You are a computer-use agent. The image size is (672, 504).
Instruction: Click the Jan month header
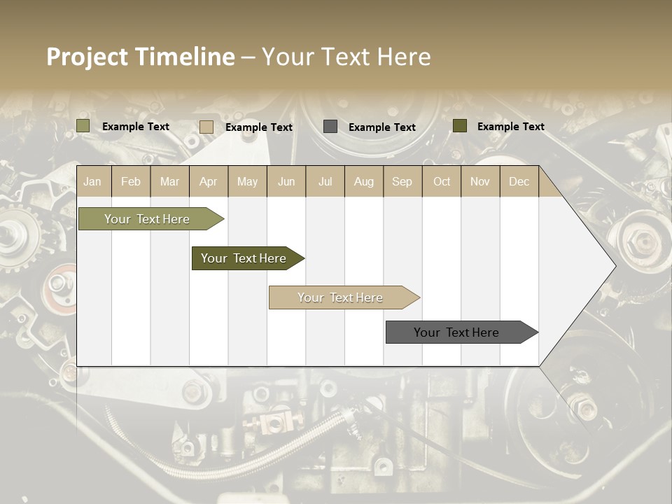point(92,181)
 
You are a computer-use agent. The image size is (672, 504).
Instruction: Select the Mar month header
point(169,181)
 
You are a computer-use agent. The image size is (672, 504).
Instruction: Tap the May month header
point(247,181)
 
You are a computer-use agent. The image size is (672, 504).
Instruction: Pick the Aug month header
point(363,181)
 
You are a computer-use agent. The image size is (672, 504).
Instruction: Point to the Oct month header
point(441,181)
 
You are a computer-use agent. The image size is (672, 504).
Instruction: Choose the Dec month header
point(519,181)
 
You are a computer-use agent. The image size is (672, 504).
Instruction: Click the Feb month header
point(131,181)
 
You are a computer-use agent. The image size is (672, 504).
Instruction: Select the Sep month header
point(402,181)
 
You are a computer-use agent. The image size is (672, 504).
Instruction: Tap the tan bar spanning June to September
point(341,297)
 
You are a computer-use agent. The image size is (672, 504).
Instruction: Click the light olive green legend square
point(83,126)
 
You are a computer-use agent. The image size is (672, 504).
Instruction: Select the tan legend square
point(206,127)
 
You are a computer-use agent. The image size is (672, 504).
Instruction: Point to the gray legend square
point(330,126)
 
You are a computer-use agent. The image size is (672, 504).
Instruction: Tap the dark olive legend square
point(460,126)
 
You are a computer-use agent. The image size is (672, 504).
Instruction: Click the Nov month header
point(480,181)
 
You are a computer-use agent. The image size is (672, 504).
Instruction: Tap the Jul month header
point(325,181)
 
